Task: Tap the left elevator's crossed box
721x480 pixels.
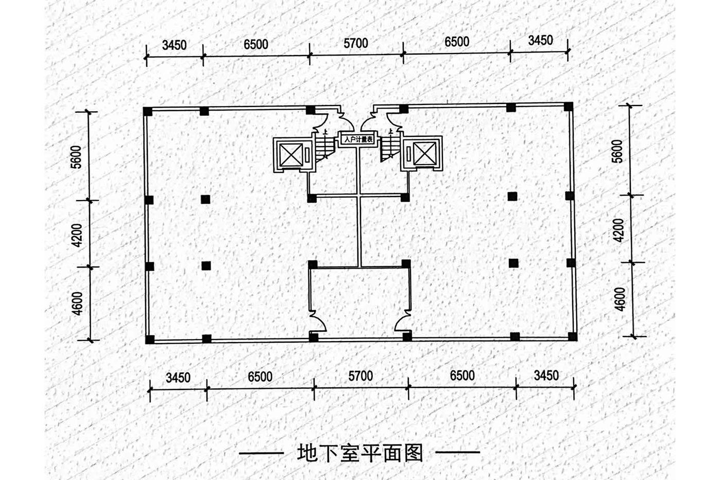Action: click(x=291, y=155)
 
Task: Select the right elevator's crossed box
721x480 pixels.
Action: click(x=424, y=153)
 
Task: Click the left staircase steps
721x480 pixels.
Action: click(x=325, y=147)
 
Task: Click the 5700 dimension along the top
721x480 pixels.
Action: click(x=356, y=43)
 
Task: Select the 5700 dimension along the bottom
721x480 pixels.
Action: click(x=361, y=376)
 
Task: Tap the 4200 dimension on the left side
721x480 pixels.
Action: click(x=78, y=235)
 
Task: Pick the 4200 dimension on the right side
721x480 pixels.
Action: click(x=619, y=230)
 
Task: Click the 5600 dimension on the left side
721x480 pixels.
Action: click(x=77, y=157)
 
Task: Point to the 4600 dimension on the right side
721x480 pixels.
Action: click(x=620, y=299)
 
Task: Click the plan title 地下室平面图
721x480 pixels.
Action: click(x=360, y=454)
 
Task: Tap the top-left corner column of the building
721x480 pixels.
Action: click(x=148, y=112)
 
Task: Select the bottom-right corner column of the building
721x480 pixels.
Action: click(x=572, y=336)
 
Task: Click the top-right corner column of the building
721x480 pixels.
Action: click(x=569, y=106)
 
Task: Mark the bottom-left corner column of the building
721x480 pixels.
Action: click(x=150, y=340)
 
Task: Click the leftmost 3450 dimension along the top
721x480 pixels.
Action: click(x=175, y=45)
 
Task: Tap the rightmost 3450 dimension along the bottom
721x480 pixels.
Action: click(x=546, y=376)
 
